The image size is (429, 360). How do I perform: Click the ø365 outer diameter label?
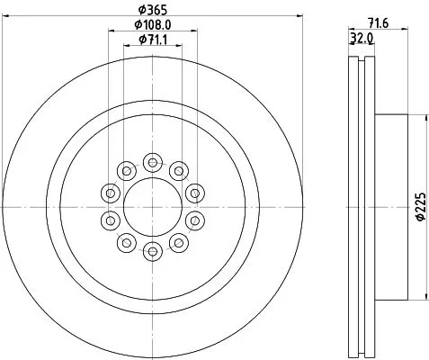(151, 10)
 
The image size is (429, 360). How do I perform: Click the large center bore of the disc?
(152, 206)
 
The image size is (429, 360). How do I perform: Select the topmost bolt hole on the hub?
(152, 163)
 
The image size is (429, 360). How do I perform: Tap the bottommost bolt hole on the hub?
(152, 249)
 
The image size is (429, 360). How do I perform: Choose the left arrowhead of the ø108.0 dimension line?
(111, 31)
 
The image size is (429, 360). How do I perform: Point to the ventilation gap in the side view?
(359, 206)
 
